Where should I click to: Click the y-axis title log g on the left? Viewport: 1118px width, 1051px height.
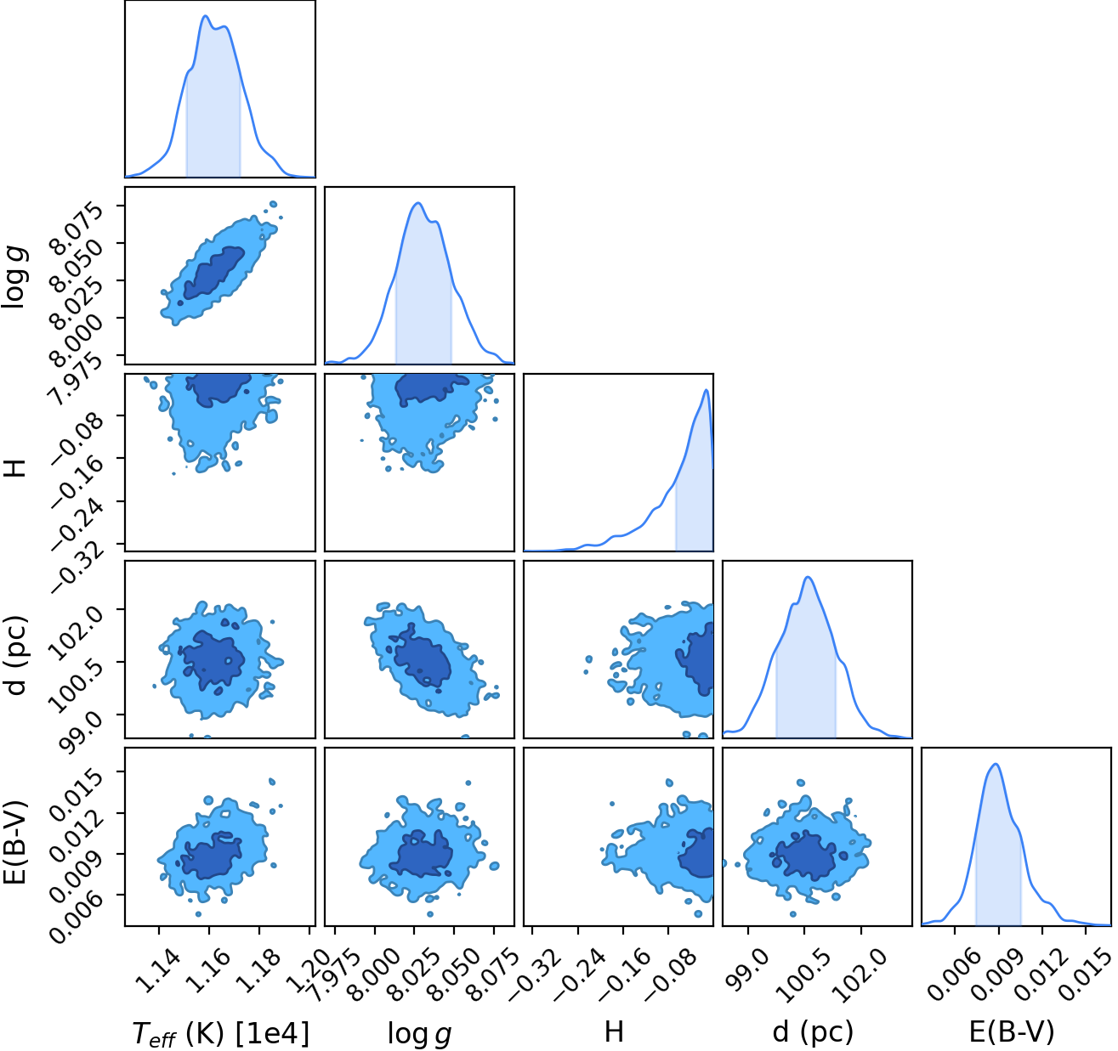click(x=14, y=277)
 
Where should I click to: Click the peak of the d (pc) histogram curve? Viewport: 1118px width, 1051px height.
click(x=809, y=577)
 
